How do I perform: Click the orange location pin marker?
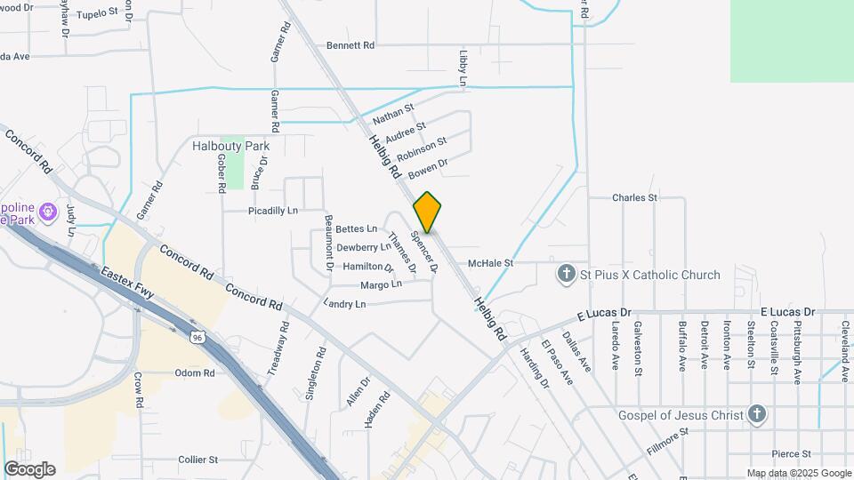(x=427, y=212)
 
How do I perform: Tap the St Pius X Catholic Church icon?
(x=567, y=275)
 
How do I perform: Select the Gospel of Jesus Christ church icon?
(x=756, y=415)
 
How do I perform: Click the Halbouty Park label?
(x=231, y=146)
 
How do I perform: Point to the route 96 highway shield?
(x=197, y=336)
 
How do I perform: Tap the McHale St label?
(x=491, y=263)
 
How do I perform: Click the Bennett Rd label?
(x=350, y=44)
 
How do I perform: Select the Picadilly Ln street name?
(x=273, y=211)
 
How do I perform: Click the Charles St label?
(x=634, y=197)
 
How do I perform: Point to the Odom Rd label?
(x=195, y=373)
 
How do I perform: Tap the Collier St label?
(x=197, y=460)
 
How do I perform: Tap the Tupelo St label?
(x=97, y=14)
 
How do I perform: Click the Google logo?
(x=29, y=469)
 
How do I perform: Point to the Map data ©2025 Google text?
(x=798, y=473)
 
